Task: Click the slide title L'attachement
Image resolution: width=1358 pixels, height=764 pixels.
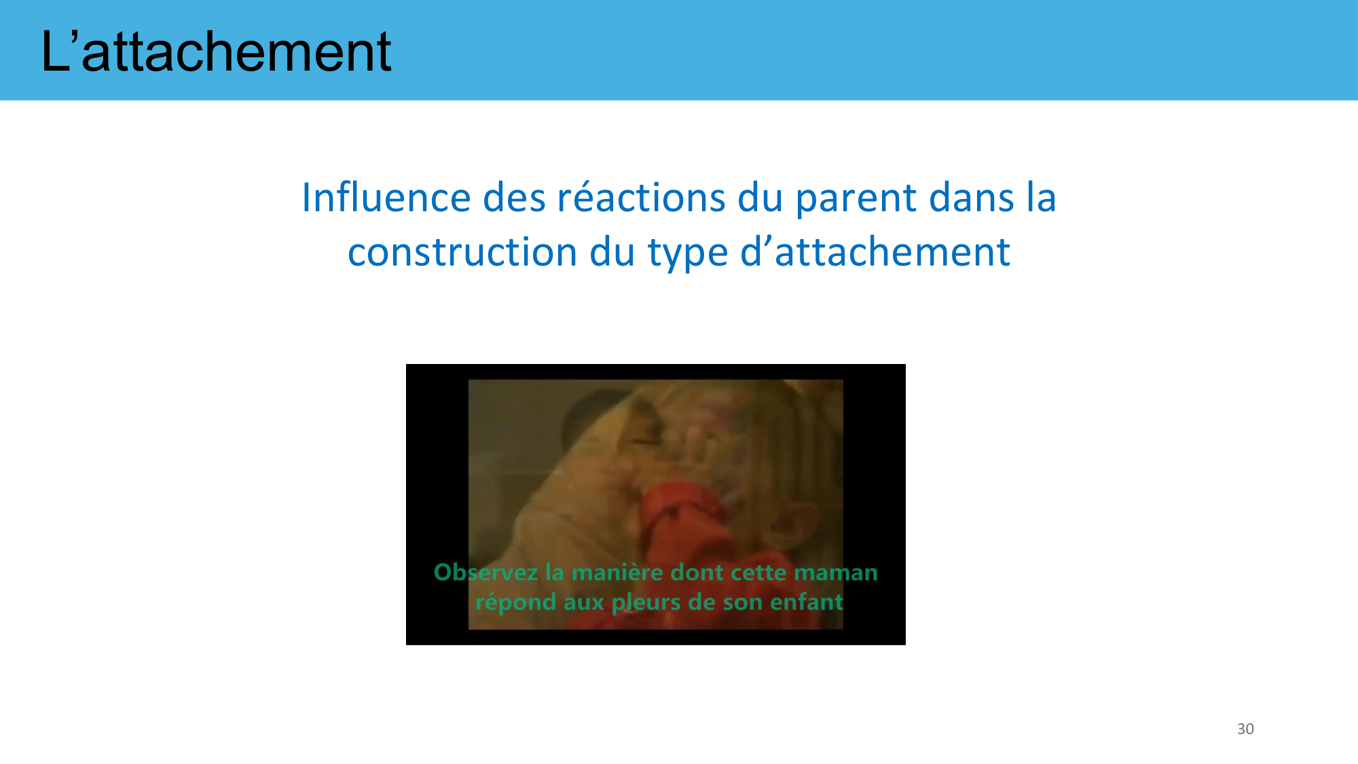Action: [216, 52]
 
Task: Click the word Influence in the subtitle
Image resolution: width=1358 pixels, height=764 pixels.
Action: [386, 198]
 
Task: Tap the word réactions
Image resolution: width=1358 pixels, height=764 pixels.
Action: [642, 198]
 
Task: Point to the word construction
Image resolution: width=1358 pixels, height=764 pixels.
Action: [462, 253]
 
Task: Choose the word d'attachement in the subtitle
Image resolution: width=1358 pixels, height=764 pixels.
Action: [875, 252]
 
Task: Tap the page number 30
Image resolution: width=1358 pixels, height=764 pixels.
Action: [1245, 729]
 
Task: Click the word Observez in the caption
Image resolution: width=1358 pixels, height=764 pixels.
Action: [486, 572]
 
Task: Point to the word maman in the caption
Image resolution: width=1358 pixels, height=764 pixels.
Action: [836, 573]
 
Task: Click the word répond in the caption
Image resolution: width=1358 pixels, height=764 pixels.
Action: [516, 603]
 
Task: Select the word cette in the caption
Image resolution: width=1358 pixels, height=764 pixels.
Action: [758, 573]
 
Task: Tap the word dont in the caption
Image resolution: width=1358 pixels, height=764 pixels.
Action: [697, 572]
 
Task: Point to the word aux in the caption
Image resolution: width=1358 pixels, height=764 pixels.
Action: [584, 603]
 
